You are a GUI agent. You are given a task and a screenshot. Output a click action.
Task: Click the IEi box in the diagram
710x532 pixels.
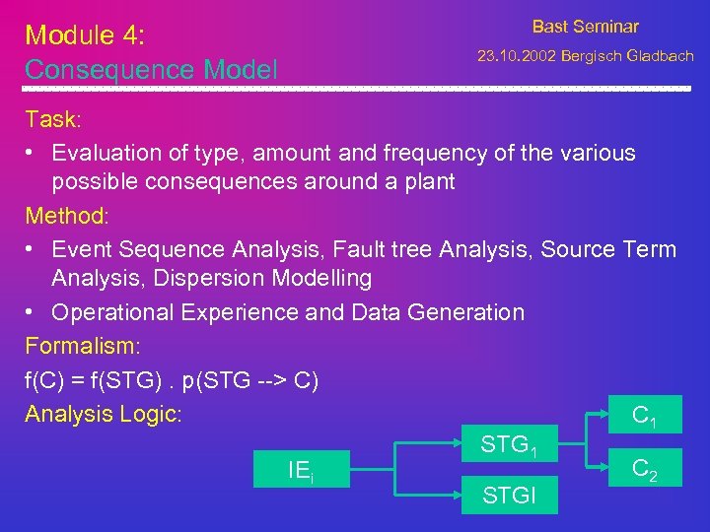point(301,471)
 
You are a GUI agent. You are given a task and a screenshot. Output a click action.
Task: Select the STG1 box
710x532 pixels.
point(508,445)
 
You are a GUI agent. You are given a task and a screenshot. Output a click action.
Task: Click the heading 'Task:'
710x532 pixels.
point(54,120)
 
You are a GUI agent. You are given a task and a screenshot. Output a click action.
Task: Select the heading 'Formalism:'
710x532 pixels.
point(84,347)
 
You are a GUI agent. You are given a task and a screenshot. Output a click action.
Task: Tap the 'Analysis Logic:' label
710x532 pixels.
point(104,414)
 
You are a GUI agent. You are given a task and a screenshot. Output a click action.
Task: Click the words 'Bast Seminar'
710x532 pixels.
point(585,27)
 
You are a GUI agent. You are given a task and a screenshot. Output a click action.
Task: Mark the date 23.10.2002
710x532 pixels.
point(516,57)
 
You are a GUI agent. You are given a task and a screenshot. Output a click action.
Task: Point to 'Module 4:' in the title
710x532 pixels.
point(84,35)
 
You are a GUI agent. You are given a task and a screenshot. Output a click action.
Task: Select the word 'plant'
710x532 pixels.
point(428,182)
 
